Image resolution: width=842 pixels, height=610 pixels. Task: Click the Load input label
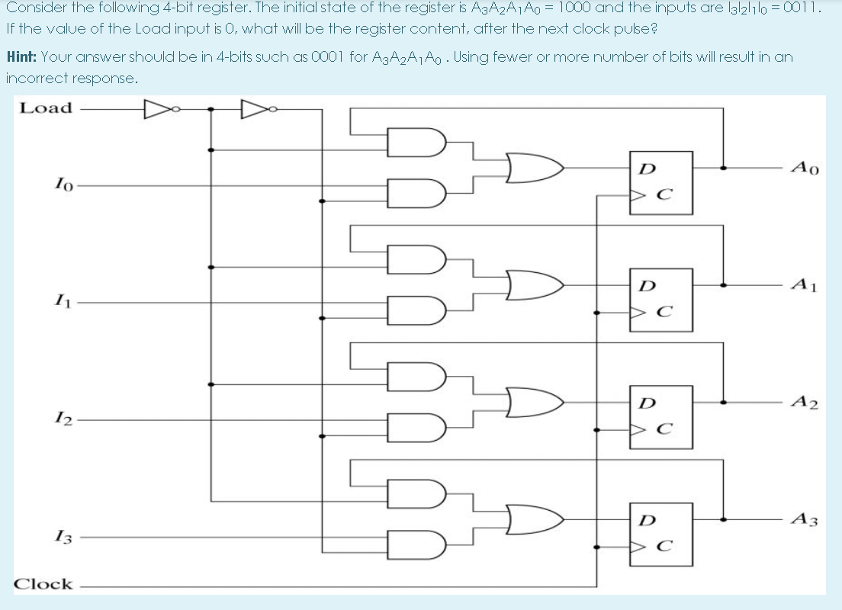(x=46, y=108)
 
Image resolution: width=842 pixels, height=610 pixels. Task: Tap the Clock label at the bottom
(x=45, y=584)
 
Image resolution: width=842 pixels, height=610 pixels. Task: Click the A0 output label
(x=805, y=168)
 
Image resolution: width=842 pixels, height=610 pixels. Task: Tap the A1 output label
(x=805, y=285)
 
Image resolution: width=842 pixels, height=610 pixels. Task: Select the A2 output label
(x=805, y=403)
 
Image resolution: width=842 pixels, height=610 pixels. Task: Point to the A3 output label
(x=805, y=520)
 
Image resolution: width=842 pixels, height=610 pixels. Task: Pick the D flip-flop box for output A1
(x=660, y=300)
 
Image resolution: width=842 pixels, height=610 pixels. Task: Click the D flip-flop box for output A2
(x=660, y=417)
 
